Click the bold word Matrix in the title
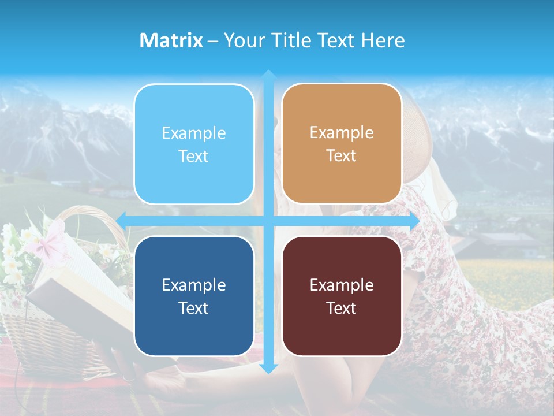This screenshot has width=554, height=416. pos(171,40)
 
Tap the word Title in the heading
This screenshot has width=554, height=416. pos(293,40)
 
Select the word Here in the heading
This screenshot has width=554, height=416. pos(383,40)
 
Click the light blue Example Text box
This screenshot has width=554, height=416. pos(194,144)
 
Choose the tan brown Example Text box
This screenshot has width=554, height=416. pos(342,144)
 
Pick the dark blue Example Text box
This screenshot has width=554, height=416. pos(194,296)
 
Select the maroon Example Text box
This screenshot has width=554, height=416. pos(342,296)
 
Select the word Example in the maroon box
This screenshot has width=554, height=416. pos(342,285)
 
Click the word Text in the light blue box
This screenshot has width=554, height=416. pos(194,157)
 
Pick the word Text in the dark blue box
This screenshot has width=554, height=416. pos(194,308)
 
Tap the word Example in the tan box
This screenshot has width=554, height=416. pos(342,133)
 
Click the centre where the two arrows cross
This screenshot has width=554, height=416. pos(268,221)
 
